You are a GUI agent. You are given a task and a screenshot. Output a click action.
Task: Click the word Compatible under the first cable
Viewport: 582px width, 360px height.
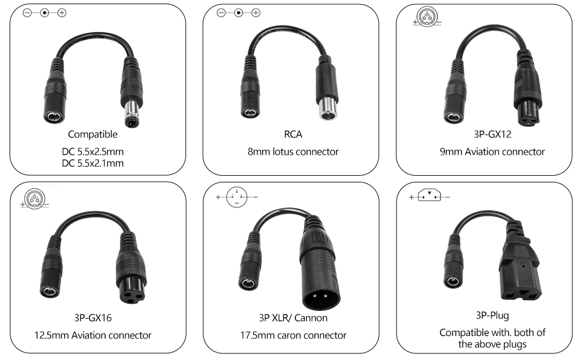pos(92,134)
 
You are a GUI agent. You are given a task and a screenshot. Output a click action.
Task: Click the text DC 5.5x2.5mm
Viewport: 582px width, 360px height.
pos(96,152)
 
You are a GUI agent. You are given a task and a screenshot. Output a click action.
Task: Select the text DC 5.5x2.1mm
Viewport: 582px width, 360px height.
pos(96,163)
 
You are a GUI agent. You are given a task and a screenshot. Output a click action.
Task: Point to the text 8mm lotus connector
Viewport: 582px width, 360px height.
pos(293,152)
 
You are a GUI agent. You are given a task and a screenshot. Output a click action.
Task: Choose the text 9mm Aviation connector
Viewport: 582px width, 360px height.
pos(492,152)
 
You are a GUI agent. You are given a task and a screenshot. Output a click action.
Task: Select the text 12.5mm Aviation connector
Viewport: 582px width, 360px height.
pos(96,335)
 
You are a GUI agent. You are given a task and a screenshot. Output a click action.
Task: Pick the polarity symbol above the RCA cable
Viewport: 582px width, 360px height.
pos(238,13)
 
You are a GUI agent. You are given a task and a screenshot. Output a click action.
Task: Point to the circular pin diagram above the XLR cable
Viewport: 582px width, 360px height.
pos(237,198)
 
